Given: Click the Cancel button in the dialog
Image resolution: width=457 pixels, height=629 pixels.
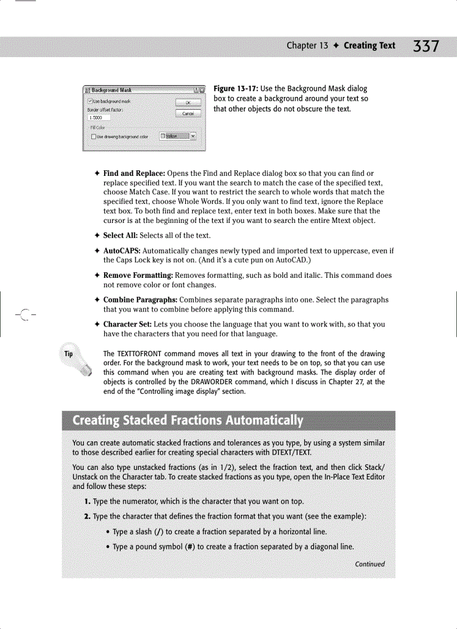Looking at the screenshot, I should pos(188,113).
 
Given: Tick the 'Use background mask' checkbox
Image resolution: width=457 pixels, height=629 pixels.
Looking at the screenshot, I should pos(90,101).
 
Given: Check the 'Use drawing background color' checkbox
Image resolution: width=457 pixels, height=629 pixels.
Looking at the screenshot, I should pos(94,136).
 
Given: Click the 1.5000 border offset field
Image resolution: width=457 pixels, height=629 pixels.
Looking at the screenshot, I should pos(99,118).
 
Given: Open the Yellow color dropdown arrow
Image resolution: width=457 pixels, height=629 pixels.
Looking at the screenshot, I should pos(193,136).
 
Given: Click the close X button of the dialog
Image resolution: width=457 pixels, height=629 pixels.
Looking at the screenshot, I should pos(202,90).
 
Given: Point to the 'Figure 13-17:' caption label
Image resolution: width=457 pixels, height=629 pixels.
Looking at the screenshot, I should pos(236,88).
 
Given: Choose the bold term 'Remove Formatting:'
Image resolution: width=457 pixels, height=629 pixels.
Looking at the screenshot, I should pos(138,275).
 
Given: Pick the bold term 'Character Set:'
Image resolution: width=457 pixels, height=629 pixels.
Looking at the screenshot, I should pos(127,324).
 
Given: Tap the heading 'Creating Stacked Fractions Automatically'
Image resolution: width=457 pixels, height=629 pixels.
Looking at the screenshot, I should pos(188,420).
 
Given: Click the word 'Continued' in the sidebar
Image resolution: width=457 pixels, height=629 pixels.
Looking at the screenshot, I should pos(370,564).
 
